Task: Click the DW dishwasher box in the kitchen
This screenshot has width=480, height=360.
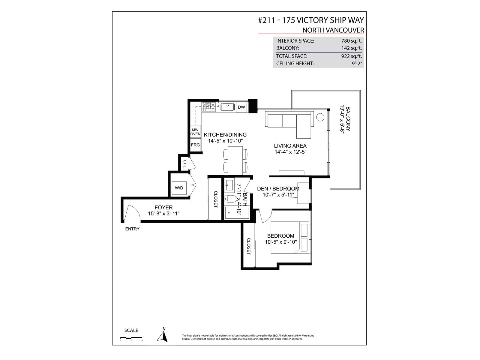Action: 241,107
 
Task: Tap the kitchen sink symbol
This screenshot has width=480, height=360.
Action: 227,107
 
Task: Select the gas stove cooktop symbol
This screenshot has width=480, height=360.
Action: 208,107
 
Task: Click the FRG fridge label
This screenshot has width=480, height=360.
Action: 195,145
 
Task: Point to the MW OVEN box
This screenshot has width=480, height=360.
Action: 195,132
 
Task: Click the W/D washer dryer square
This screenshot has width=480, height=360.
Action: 179,188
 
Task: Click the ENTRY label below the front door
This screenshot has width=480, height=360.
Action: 132,229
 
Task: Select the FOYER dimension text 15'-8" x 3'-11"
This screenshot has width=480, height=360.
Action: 164,214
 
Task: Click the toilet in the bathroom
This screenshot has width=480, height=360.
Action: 231,199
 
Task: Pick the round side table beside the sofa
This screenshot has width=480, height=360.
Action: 320,117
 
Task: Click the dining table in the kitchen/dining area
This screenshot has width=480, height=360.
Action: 235,161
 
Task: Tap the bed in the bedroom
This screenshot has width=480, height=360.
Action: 290,238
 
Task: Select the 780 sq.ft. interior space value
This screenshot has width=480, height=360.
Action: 351,41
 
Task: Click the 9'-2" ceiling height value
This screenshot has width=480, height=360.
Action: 357,64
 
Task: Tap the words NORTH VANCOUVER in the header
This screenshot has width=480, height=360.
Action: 333,30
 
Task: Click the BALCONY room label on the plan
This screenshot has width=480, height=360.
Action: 348,119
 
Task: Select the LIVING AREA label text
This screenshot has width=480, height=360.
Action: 290,146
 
